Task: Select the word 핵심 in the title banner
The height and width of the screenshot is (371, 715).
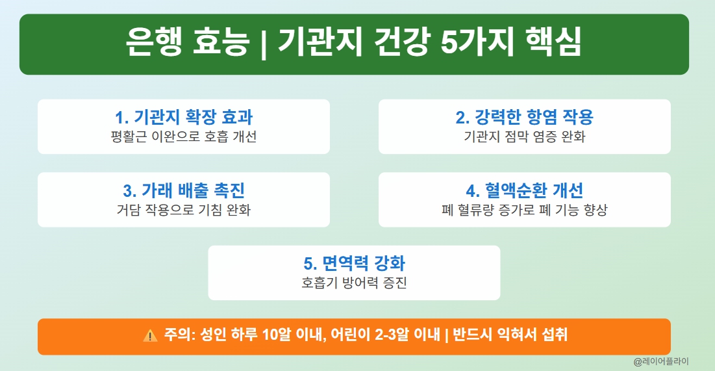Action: [x=551, y=44]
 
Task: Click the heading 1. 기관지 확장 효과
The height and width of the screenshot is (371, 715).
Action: [x=184, y=117]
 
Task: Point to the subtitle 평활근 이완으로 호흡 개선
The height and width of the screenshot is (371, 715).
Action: [x=184, y=137]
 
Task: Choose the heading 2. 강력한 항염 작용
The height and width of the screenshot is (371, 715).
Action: [x=524, y=117]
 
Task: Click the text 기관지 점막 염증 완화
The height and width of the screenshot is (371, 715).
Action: [x=524, y=137]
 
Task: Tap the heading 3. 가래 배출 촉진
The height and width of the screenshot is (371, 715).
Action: [x=184, y=190]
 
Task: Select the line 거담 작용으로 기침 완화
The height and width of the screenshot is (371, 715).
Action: [x=184, y=211]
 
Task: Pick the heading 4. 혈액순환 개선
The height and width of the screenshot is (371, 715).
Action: [x=524, y=190]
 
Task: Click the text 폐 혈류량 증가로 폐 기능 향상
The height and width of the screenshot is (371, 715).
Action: [x=524, y=211]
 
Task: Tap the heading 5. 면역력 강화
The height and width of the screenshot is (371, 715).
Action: [x=354, y=263]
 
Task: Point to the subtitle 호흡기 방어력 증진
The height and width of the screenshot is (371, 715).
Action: [x=354, y=283]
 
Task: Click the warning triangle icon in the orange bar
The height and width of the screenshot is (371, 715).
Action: [x=150, y=336]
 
